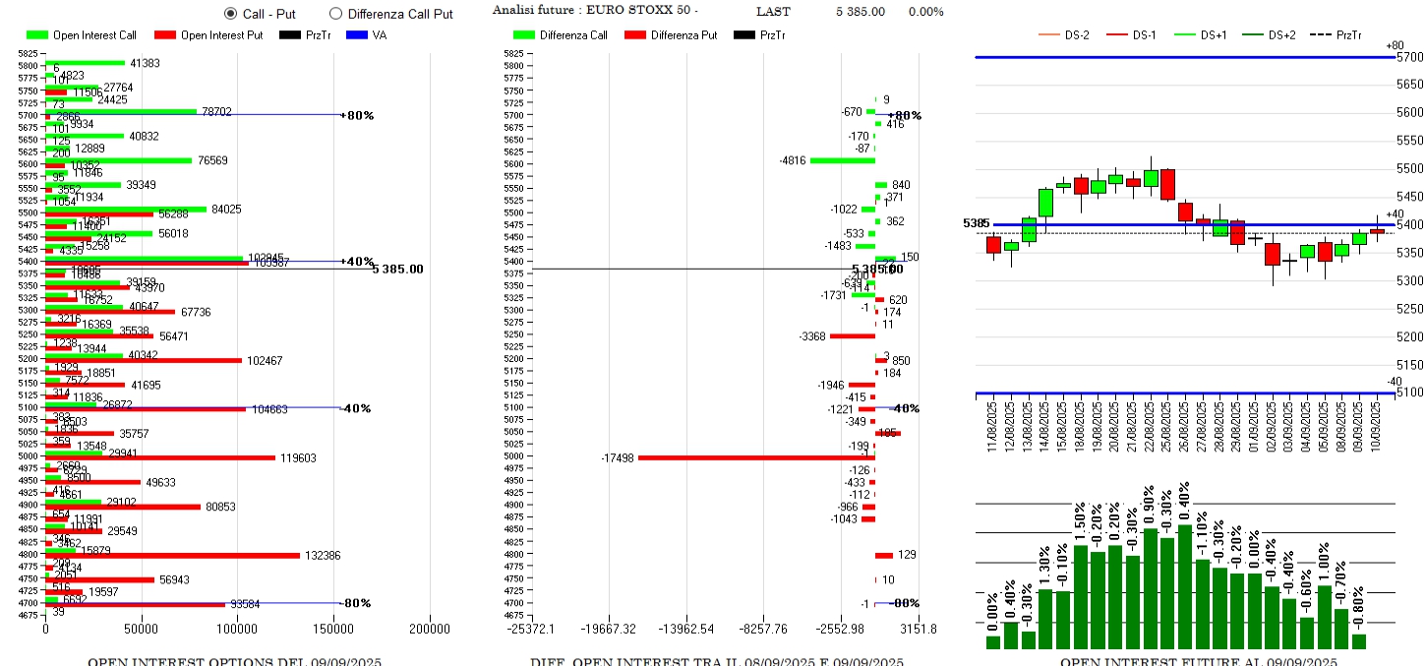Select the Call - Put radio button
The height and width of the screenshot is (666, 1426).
231,14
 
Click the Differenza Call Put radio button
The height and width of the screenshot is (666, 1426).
335,14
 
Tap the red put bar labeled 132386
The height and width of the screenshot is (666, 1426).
173,556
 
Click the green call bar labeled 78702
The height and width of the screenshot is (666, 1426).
121,112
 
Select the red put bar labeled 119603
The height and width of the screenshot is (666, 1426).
160,457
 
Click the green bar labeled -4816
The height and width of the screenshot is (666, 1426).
842,160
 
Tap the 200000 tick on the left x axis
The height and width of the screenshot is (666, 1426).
430,629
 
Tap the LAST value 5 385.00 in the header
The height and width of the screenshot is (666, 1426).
860,12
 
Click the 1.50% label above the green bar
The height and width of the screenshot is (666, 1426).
1080,521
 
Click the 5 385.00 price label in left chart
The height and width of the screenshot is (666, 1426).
397,269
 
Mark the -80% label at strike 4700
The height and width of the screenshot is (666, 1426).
357,603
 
